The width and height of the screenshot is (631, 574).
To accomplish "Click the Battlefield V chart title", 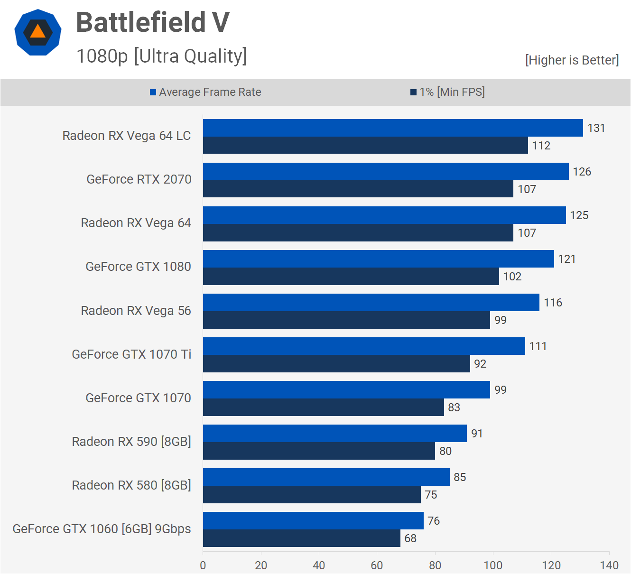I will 153,22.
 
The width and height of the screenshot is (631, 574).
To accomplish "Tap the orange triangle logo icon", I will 38,32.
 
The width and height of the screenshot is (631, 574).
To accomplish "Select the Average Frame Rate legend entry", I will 205,92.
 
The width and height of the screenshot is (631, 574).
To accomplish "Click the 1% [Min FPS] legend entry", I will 447,92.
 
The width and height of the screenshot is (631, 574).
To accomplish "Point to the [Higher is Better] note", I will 572,60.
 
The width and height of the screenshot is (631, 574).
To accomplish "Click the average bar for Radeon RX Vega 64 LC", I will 393,128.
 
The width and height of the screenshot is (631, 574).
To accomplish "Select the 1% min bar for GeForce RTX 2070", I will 358,189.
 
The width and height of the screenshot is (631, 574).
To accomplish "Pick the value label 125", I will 579,215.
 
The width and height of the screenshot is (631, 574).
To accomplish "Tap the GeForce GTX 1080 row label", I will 138,267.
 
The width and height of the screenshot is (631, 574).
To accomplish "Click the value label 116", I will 553,303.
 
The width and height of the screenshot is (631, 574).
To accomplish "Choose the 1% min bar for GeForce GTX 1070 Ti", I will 336,364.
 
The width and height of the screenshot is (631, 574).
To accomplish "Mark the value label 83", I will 454,407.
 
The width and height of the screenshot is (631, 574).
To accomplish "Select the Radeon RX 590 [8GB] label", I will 131,442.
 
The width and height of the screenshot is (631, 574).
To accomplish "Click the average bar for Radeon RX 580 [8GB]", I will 326,477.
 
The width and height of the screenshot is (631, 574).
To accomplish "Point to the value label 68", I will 410,538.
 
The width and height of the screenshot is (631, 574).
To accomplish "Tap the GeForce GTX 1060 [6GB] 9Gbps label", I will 102,529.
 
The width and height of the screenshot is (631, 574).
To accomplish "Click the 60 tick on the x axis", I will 377,565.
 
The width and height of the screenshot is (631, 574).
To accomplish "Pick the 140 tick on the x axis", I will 609,565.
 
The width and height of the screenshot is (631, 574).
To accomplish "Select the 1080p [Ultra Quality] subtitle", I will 162,56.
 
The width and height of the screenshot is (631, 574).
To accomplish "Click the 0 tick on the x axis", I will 203,565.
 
